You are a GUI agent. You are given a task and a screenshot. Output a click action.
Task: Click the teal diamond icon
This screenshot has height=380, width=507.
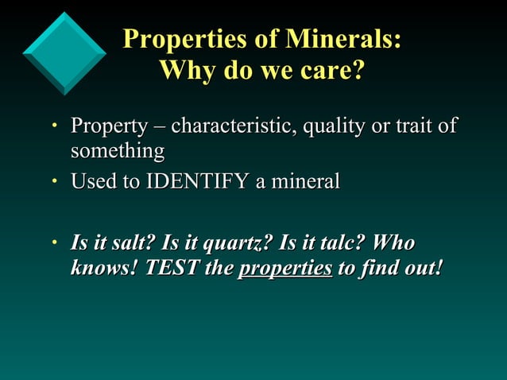click(x=64, y=52)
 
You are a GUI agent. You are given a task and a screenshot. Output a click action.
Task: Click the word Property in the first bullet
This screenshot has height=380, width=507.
click(x=109, y=127)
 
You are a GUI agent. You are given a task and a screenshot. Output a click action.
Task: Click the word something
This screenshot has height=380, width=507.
click(x=118, y=150)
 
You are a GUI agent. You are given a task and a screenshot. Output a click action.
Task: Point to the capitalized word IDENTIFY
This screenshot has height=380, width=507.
click(x=197, y=182)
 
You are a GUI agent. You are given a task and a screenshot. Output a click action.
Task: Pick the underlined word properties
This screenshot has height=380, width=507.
click(x=285, y=268)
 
